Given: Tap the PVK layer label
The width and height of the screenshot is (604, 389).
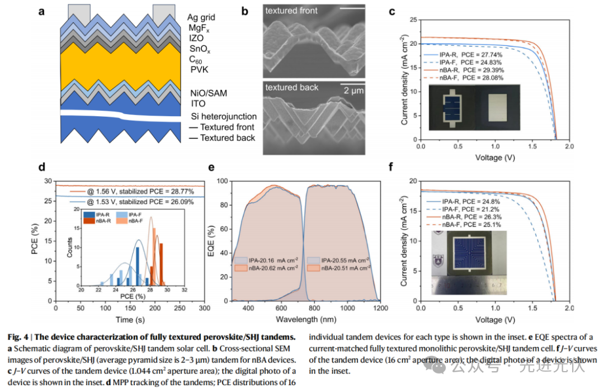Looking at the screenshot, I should (198, 70).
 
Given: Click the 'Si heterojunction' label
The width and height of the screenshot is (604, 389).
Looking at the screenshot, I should (223, 116).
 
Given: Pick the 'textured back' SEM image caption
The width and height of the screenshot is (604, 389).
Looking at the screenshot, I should (291, 87).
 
